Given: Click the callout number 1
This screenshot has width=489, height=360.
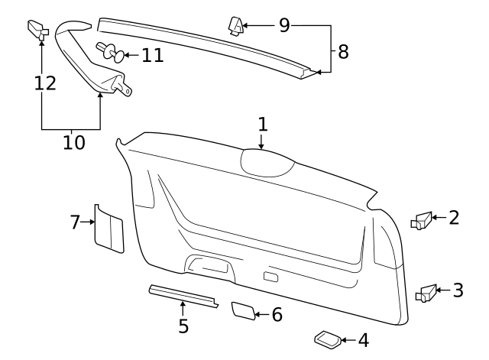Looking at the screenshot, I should [262, 125].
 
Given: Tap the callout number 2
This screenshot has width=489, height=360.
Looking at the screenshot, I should [454, 218].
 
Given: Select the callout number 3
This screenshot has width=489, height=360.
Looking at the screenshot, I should [458, 290].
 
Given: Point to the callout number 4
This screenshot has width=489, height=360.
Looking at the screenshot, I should [363, 340].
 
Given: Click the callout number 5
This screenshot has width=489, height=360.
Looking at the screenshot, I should [183, 326].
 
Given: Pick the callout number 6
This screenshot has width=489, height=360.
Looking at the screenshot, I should [277, 314].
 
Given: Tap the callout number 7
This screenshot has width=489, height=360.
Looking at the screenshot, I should [75, 222].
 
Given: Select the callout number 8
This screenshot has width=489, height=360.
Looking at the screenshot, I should [342, 52].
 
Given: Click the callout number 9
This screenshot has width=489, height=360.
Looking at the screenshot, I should [284, 25].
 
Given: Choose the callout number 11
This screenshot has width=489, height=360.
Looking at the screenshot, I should [153, 55].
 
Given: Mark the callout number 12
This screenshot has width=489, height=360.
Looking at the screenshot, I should [46, 82].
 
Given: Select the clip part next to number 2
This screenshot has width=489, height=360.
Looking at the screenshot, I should [421, 221].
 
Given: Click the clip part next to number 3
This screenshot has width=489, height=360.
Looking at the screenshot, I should [426, 292].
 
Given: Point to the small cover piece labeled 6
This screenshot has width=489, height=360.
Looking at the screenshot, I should [242, 310].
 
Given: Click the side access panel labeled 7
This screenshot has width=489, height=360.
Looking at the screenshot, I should [108, 229].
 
